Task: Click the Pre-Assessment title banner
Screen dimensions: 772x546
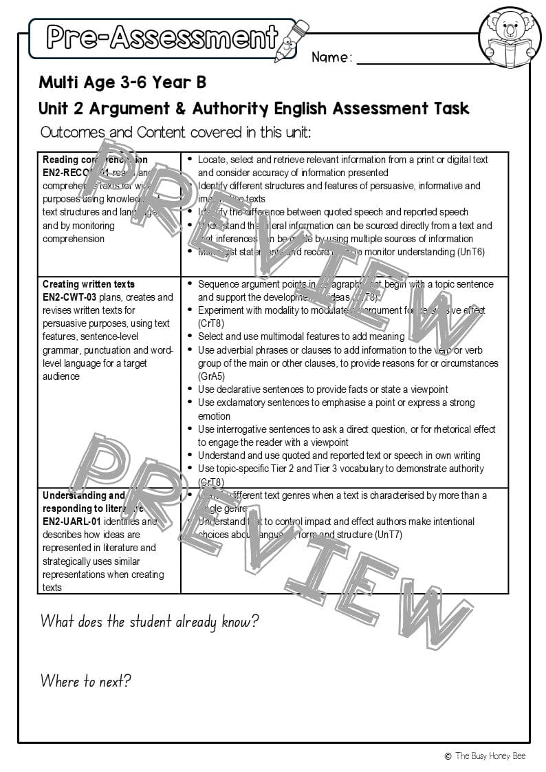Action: tap(162, 37)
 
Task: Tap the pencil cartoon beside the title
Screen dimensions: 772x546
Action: tap(291, 39)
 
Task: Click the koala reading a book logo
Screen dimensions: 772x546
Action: tap(510, 40)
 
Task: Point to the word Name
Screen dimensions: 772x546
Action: tap(331, 58)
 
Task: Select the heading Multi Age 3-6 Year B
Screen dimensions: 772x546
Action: tap(122, 83)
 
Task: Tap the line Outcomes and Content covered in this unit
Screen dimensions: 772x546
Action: tap(175, 132)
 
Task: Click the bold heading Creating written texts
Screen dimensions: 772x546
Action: tap(89, 284)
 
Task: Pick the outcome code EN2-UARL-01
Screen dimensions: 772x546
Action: tap(72, 522)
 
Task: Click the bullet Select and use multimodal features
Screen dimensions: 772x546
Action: tap(301, 336)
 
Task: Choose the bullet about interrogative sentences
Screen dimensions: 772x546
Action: tap(346, 429)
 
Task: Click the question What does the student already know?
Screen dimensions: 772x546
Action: tap(149, 622)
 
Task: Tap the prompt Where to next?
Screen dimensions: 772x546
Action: tap(85, 682)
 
